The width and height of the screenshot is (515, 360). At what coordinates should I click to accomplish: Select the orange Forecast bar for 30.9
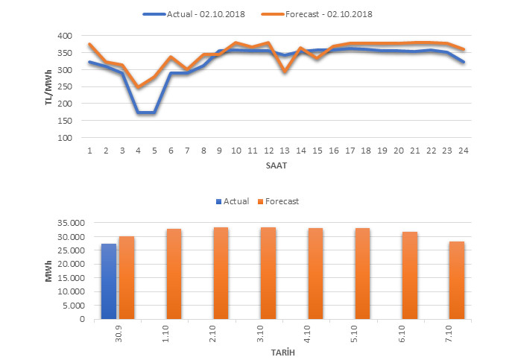(127, 278)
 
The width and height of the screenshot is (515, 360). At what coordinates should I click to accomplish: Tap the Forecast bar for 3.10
(268, 274)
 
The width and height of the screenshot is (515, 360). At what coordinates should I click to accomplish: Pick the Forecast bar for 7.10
(457, 280)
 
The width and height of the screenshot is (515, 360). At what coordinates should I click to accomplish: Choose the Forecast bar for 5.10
(362, 274)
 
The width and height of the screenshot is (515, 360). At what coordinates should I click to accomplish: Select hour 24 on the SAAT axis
(463, 151)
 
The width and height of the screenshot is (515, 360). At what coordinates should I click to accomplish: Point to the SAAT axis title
(277, 165)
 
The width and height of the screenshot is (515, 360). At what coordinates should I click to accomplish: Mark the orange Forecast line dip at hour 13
(285, 72)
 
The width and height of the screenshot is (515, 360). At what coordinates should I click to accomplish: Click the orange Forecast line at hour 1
(90, 45)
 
